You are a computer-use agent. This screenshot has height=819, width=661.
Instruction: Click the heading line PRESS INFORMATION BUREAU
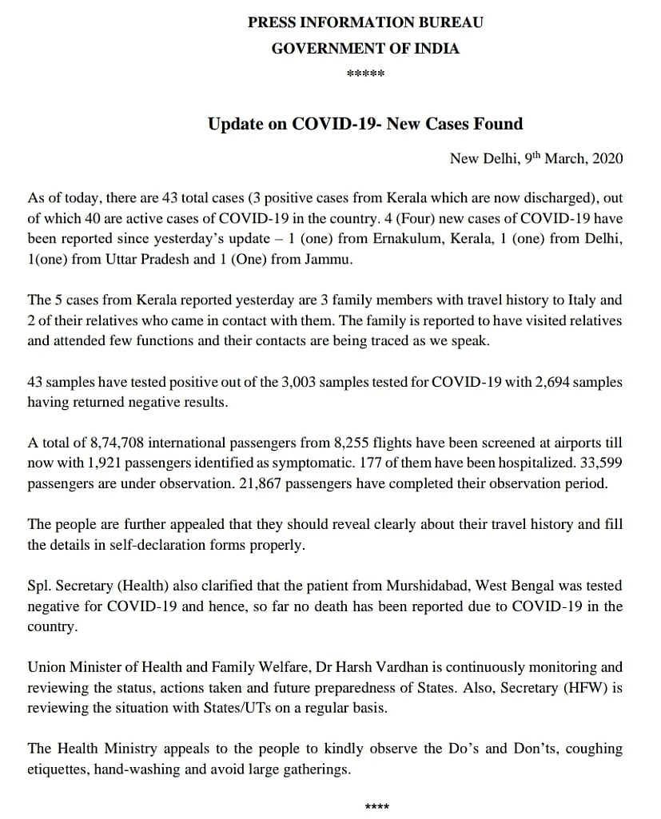pos(365,22)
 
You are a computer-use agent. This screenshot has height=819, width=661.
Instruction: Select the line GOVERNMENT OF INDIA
pos(365,49)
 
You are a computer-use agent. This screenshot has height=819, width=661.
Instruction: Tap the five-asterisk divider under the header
pos(365,75)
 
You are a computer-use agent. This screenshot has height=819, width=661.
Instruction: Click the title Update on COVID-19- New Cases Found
pos(365,124)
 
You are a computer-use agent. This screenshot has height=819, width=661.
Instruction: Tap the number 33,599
pos(600,463)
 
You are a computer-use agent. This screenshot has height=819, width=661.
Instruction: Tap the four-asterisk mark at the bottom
pos(376,807)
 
